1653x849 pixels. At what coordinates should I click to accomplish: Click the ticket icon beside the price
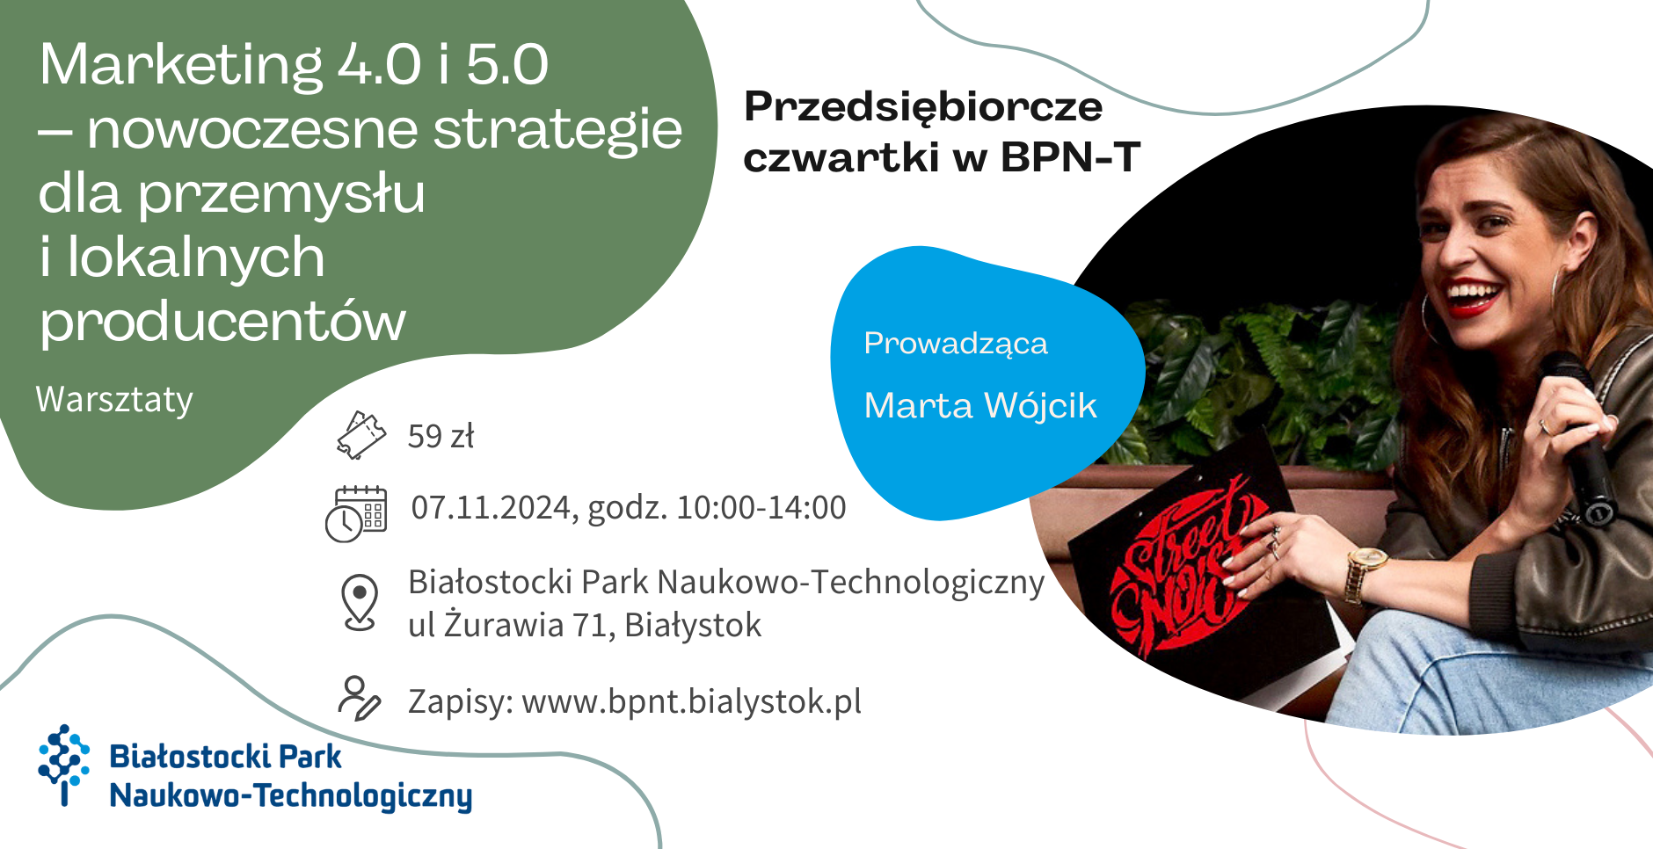[361, 435]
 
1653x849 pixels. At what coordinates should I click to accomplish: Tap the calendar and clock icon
[356, 514]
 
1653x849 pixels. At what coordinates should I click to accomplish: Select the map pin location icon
[360, 602]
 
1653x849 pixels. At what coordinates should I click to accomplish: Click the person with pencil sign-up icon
[360, 699]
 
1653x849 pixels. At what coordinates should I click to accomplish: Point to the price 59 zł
[441, 436]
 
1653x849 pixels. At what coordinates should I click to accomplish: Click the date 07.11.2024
[492, 508]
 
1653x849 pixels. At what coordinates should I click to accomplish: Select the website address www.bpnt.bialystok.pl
[691, 702]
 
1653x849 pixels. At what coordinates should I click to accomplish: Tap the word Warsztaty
[114, 400]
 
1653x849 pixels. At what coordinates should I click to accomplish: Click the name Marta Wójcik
[980, 406]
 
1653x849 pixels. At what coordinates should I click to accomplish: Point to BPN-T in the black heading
[1070, 158]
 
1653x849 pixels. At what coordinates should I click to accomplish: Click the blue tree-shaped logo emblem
[63, 763]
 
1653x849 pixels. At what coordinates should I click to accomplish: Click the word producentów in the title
[222, 322]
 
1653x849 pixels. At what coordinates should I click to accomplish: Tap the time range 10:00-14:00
[761, 508]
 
